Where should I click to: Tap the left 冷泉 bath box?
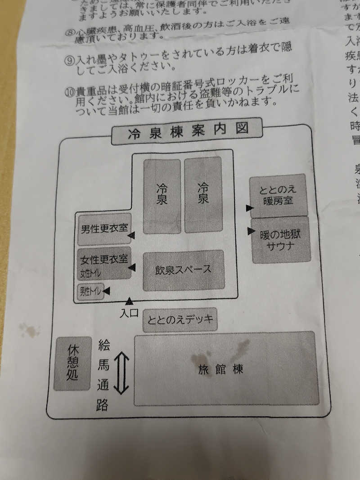pos(162,197)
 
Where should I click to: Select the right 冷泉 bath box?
pos(203,194)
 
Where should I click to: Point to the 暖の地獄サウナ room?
pos(280,239)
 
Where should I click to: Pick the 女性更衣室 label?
pos(104,260)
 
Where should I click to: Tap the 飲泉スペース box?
pos(183,270)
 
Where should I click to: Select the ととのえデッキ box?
pos(180,320)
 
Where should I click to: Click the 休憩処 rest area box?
pos(72,363)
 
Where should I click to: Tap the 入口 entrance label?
pos(129,313)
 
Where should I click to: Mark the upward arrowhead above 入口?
pos(129,301)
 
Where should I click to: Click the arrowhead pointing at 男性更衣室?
pos(131,235)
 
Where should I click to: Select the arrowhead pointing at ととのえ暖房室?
pos(249,208)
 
